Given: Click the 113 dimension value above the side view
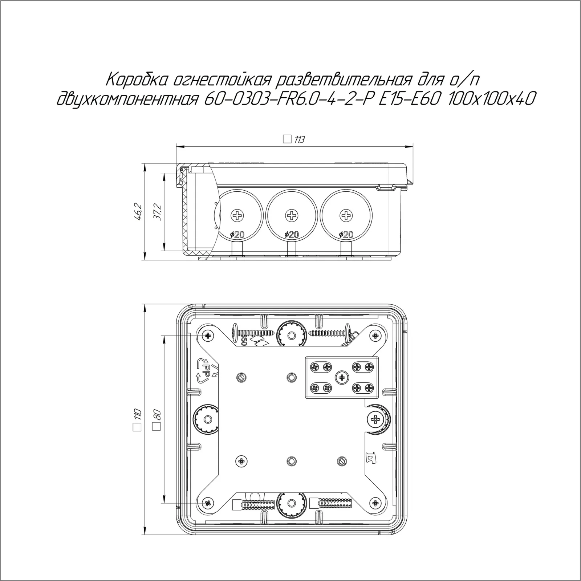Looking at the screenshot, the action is tap(299, 139).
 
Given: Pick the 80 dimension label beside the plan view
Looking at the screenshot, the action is tap(157, 415).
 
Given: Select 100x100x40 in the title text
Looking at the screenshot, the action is tap(491, 98).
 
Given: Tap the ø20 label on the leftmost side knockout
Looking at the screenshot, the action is tap(237, 235).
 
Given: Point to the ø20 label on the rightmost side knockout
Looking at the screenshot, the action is tap(345, 235).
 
